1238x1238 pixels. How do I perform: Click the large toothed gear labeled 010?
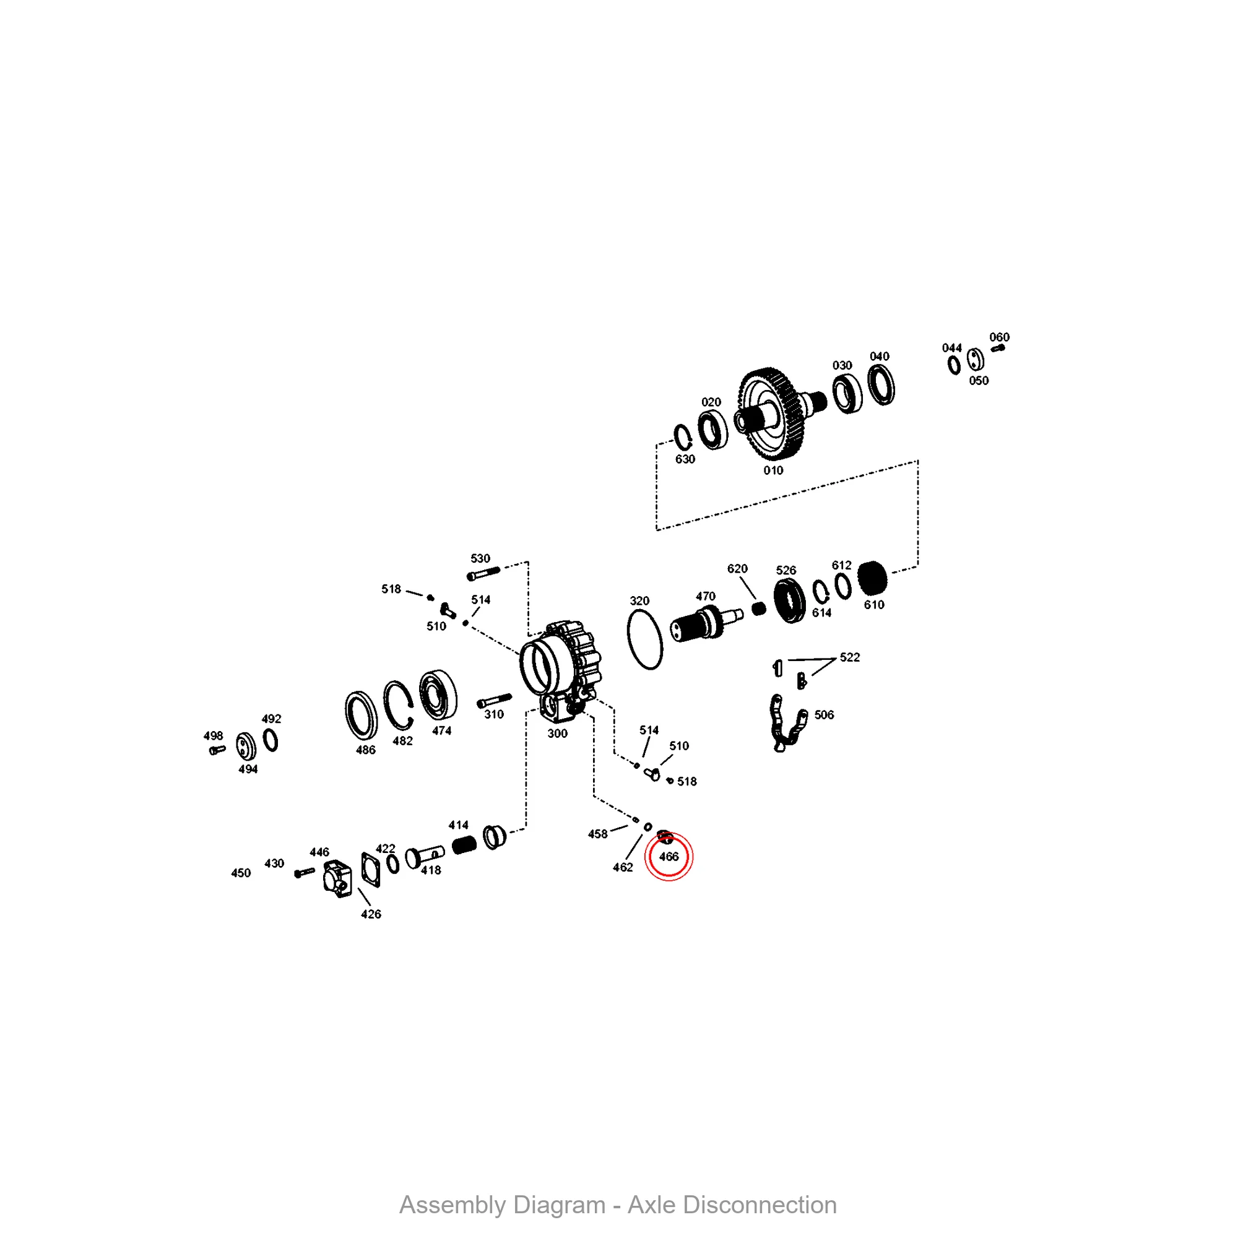pyautogui.click(x=771, y=414)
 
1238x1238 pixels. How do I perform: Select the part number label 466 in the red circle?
pyautogui.click(x=669, y=857)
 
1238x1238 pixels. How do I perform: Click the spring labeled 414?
pyautogui.click(x=463, y=845)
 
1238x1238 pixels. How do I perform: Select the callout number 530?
pyautogui.click(x=480, y=558)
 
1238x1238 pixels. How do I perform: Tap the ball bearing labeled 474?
pyautogui.click(x=438, y=695)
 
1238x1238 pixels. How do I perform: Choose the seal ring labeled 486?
pyautogui.click(x=361, y=715)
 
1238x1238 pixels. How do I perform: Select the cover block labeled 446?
pyautogui.click(x=337, y=878)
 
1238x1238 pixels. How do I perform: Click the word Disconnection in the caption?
pyautogui.click(x=760, y=1205)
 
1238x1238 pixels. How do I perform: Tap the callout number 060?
pyautogui.click(x=999, y=337)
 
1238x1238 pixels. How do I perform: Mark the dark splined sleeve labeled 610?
pyautogui.click(x=872, y=578)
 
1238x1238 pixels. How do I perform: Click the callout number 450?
pyautogui.click(x=241, y=873)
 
